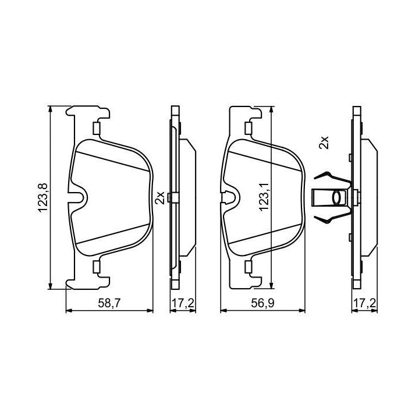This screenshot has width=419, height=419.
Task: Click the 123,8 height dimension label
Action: click(43, 198)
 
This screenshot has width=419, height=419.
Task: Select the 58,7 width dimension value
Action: click(109, 303)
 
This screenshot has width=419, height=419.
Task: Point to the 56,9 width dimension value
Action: click(262, 303)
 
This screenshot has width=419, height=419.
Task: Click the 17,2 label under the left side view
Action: click(183, 303)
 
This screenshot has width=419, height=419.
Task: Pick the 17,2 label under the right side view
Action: click(364, 303)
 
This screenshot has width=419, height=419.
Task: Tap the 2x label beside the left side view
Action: click(160, 198)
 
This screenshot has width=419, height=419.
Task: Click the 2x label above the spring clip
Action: click(324, 143)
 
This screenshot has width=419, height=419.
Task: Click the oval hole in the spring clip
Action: click(337, 198)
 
